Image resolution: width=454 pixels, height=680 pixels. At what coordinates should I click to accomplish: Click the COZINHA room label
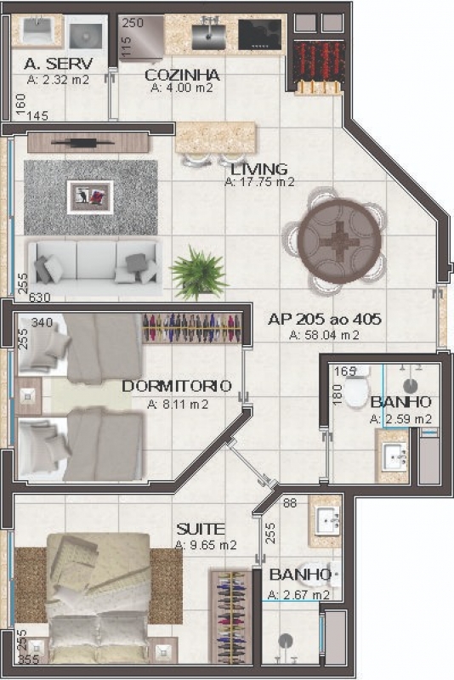(x=182, y=75)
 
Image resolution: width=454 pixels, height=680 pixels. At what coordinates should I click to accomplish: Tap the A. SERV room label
(x=58, y=64)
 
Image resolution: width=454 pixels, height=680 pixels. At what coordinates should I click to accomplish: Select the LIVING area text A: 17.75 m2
(x=259, y=182)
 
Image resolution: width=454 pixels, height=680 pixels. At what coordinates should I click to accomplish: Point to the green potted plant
(x=199, y=272)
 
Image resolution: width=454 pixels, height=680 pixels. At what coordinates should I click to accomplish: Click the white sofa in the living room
(x=94, y=267)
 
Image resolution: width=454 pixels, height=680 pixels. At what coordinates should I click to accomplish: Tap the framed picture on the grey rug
(x=90, y=197)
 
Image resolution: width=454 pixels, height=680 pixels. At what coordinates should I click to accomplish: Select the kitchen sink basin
(x=208, y=37)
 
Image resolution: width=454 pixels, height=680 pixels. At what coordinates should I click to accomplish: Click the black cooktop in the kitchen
(x=259, y=35)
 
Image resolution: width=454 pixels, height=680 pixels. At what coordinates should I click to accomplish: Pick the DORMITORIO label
(x=177, y=386)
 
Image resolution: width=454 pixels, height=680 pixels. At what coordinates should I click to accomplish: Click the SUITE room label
(x=201, y=529)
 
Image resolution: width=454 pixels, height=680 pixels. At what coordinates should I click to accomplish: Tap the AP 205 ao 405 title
(x=325, y=320)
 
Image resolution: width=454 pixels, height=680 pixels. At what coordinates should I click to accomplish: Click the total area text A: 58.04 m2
(x=325, y=335)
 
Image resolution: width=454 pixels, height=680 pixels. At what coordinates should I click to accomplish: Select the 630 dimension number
(x=39, y=298)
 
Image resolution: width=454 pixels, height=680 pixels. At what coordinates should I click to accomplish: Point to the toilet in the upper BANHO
(x=357, y=389)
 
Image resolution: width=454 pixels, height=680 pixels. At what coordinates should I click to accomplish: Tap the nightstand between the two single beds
(x=28, y=396)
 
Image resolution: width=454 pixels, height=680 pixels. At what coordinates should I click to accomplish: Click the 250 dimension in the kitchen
(x=133, y=24)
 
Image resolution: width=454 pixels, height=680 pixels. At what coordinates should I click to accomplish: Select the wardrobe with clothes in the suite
(x=231, y=616)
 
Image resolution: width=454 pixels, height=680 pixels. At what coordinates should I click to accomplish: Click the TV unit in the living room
(x=89, y=143)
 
